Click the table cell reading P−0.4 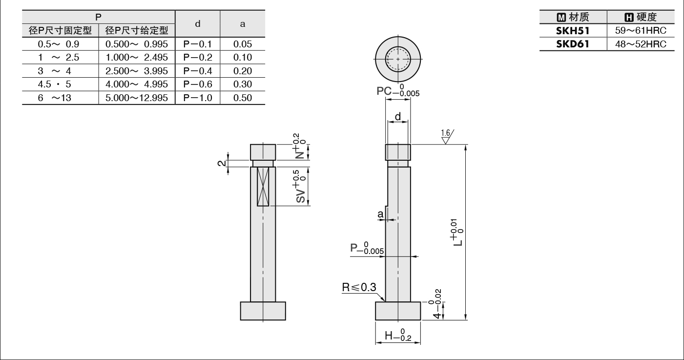pos(198,71)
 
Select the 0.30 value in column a pos(243,85)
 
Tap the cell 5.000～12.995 pos(137,98)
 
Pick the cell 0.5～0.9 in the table pos(58,44)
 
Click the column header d pos(198,23)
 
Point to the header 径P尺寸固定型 pos(60,31)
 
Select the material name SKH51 pos(573,31)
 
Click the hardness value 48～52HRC pos(641,44)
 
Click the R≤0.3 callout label pos(359,287)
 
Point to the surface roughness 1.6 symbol pos(447,136)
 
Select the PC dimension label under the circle pos(397,90)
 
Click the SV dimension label pos(300,186)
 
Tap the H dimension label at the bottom pos(398,335)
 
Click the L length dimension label pos(457,232)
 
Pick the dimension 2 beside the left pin pos(221,163)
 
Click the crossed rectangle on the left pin pos(263,187)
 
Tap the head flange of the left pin pos(263,311)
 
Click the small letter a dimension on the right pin pos(380,214)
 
